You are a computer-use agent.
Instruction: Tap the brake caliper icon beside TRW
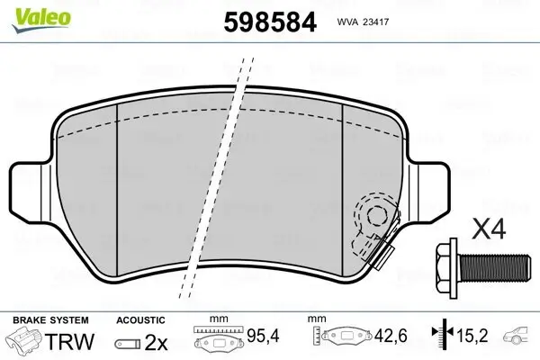click(x=25, y=341)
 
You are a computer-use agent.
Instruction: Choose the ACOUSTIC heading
click(x=140, y=319)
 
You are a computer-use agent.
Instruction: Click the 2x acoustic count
click(x=157, y=342)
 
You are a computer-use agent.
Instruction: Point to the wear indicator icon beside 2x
click(x=127, y=343)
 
